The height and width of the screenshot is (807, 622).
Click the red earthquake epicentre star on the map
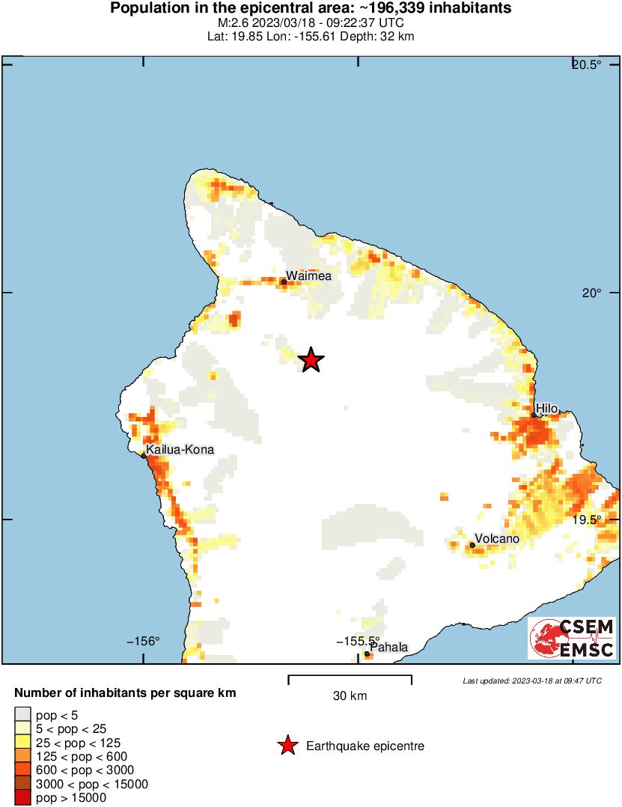tap(311, 360)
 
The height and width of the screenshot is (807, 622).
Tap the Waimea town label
tap(308, 275)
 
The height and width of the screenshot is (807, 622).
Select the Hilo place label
tap(546, 408)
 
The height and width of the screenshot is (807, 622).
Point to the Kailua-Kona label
tap(180, 450)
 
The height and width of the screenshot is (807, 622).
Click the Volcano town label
tap(497, 539)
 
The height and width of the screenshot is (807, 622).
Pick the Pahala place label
tap(389, 647)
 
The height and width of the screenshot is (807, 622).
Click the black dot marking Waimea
tap(284, 282)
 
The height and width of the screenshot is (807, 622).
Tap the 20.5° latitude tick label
tap(587, 64)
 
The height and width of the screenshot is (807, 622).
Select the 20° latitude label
tap(591, 293)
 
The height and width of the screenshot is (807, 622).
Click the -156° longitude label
tap(144, 642)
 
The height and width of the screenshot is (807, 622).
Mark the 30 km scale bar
tap(350, 679)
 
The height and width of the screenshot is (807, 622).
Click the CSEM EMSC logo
tap(572, 638)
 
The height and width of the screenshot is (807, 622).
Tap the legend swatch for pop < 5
tap(22, 715)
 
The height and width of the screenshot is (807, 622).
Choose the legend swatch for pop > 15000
tap(22, 798)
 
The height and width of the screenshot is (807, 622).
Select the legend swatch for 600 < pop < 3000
tap(22, 770)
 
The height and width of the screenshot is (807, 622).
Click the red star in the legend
tap(287, 746)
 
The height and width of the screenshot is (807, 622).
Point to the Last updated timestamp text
tap(531, 681)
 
